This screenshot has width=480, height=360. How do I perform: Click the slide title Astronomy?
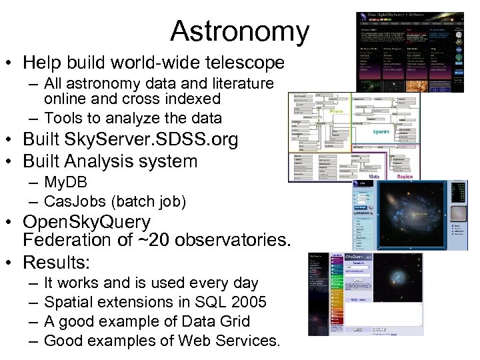tap(239, 31)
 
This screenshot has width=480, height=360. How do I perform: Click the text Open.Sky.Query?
tap(87, 222)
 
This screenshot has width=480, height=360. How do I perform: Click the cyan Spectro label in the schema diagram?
tap(381, 132)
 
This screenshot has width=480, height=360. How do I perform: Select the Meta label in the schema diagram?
tap(374, 177)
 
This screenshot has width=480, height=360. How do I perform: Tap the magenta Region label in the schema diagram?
tap(404, 177)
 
